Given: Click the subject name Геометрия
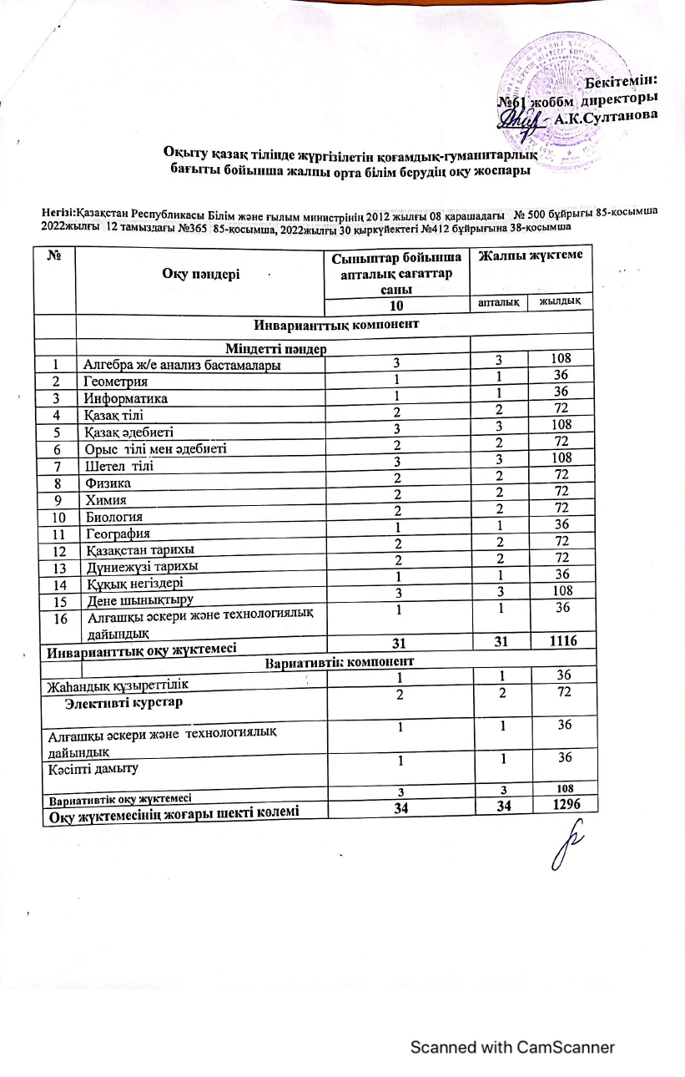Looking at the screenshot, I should tap(115, 382).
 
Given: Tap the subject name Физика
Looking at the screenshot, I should tap(107, 482).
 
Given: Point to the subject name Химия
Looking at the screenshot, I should tap(105, 499).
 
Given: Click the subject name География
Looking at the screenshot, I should tap(116, 533).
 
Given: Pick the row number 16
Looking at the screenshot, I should tap(58, 618).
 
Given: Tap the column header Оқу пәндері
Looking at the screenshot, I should tap(200, 275).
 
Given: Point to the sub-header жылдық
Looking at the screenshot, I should tap(562, 301).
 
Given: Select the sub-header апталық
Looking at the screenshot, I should tap(499, 301).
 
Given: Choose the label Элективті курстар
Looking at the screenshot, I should tap(125, 702).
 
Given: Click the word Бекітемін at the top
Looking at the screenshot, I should tap(620, 81).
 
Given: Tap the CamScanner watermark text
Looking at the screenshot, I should tap(512, 1047).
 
